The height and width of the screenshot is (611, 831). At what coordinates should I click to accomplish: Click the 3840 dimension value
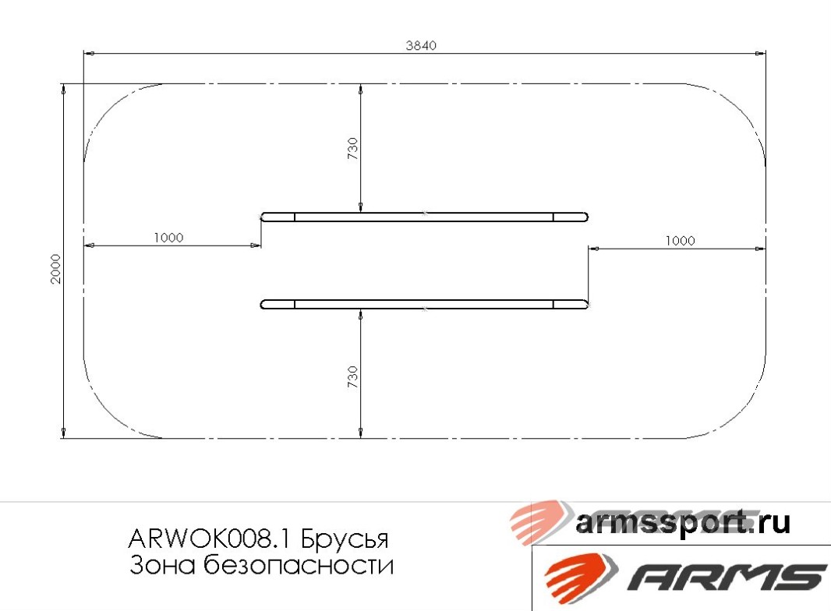coord(421,45)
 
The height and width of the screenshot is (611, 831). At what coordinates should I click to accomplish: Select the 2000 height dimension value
coord(55,268)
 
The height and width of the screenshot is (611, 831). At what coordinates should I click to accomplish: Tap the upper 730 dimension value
coord(352,148)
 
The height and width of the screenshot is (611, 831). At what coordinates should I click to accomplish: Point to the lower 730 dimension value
coord(352,377)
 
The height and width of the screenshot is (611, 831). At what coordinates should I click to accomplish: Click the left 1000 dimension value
coord(168,238)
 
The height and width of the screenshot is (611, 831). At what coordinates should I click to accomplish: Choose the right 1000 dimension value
coord(680,241)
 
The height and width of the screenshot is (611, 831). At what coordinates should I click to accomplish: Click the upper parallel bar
coord(424,217)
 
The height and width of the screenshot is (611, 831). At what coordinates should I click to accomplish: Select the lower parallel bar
coord(424,304)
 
